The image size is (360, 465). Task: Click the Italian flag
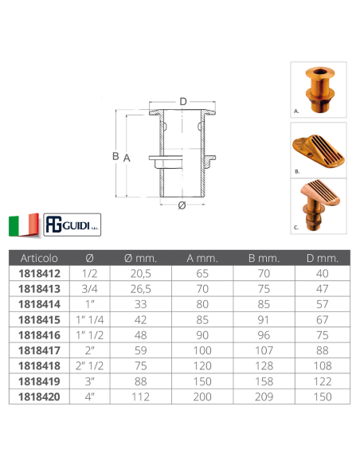tap(24, 225)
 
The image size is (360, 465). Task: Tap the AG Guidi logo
tap(72, 225)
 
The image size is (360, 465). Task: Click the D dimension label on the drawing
tap(183, 102)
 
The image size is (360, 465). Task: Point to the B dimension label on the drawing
tap(115, 156)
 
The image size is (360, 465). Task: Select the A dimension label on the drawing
tap(127, 158)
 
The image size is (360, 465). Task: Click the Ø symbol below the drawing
tap(182, 205)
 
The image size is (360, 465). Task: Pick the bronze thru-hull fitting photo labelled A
tap(319, 89)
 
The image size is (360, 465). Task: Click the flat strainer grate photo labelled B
tap(319, 150)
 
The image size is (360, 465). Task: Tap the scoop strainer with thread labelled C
tap(319, 205)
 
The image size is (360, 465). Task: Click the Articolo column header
tap(39, 258)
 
